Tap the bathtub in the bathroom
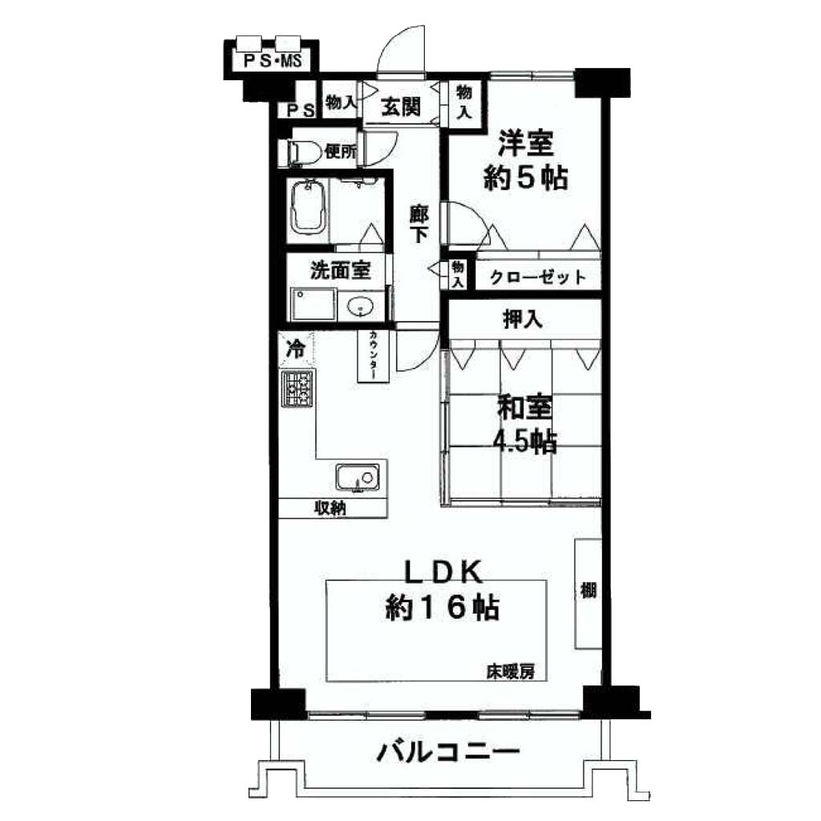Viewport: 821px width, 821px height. [309, 208]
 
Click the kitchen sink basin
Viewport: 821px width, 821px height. [358, 477]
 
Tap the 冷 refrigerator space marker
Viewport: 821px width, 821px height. [297, 348]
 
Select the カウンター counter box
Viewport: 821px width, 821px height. [374, 356]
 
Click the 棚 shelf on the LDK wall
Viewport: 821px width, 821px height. [588, 593]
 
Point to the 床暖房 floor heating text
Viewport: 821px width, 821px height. [511, 672]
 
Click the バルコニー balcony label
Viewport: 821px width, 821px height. [449, 752]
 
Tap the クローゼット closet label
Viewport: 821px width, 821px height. [538, 277]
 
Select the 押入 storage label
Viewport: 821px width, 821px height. [523, 319]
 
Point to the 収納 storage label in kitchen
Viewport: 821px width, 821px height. [330, 508]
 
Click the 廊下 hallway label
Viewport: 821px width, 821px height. [419, 225]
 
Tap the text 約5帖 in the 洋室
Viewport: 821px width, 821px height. [526, 178]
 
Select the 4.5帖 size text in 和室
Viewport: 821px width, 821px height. [525, 443]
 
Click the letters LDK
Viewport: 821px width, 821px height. [443, 572]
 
